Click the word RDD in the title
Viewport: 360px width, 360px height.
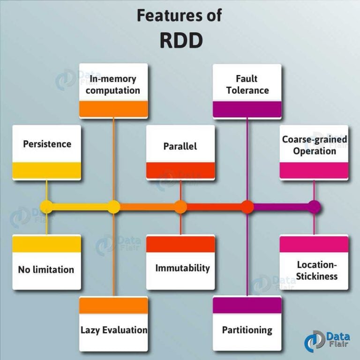[181, 40]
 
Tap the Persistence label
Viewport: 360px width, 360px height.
[47, 144]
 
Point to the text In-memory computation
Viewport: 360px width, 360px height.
[113, 84]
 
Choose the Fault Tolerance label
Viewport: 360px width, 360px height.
[247, 84]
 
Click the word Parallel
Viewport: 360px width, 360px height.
[180, 146]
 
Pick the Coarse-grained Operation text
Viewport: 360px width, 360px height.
[315, 145]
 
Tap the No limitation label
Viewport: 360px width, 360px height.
[46, 270]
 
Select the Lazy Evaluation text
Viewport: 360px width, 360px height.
[114, 330]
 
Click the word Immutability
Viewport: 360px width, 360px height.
[182, 268]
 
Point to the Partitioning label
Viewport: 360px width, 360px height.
[247, 330]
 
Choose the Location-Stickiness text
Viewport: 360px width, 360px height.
[317, 270]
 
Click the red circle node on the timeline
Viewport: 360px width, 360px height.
[247, 207]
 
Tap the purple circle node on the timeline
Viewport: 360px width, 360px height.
[314, 207]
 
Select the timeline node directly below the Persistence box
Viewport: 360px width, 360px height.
[46, 207]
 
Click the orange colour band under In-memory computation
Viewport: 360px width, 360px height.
[113, 109]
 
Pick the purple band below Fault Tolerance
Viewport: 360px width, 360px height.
[247, 109]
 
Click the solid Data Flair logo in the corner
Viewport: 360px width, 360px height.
[327, 341]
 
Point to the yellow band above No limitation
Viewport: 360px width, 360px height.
[46, 244]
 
